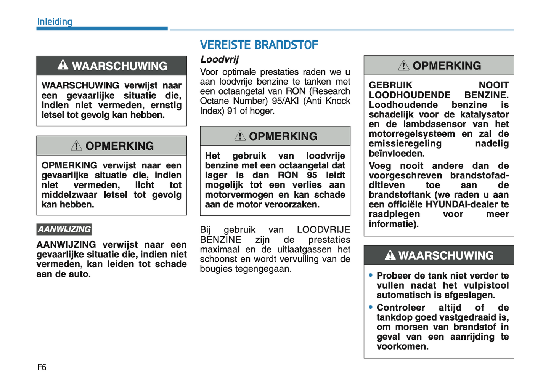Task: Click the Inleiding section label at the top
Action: pyautogui.click(x=55, y=22)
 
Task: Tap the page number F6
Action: pyautogui.click(x=42, y=367)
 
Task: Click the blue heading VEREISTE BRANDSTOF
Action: pyautogui.click(x=259, y=45)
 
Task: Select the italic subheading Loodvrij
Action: pyautogui.click(x=219, y=59)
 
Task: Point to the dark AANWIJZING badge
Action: pyautogui.click(x=64, y=229)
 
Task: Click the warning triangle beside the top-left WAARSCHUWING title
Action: pyautogui.click(x=63, y=66)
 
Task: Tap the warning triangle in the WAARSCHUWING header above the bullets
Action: pyautogui.click(x=390, y=255)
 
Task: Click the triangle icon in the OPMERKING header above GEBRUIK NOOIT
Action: pyautogui.click(x=403, y=66)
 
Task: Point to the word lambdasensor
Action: pyautogui.click(x=435, y=124)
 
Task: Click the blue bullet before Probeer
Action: pyautogui.click(x=371, y=275)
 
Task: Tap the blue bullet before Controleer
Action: pyautogui.click(x=371, y=307)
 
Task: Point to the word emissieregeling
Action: pyautogui.click(x=405, y=144)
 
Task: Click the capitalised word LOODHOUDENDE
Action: pyautogui.click(x=410, y=95)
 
